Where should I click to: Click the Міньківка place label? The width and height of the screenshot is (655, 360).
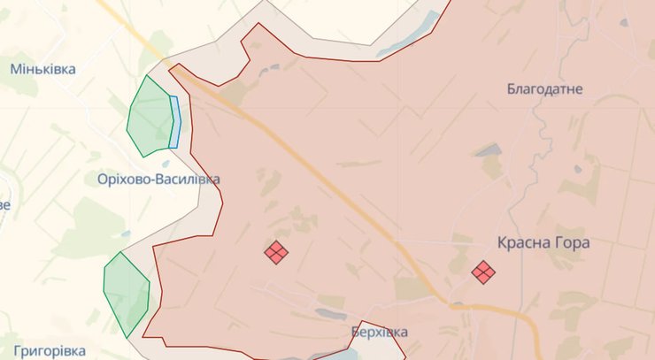tap(42, 69)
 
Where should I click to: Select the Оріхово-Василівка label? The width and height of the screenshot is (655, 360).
tap(158, 180)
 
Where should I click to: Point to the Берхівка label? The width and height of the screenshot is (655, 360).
tap(380, 333)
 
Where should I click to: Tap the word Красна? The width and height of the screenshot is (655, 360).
tap(522, 241)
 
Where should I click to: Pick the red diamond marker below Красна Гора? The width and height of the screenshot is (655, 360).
tap(482, 272)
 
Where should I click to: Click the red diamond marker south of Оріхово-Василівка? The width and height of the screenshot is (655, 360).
tap(276, 252)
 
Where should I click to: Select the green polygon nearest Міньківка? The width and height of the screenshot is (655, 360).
tap(148, 116)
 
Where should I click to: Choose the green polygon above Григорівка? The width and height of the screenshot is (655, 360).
tap(126, 293)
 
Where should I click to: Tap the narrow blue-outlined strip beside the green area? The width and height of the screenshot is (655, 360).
tap(175, 122)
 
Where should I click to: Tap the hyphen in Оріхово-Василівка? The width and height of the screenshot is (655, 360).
tap(154, 180)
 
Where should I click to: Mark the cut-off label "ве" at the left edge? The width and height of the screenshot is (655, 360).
tap(4, 205)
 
